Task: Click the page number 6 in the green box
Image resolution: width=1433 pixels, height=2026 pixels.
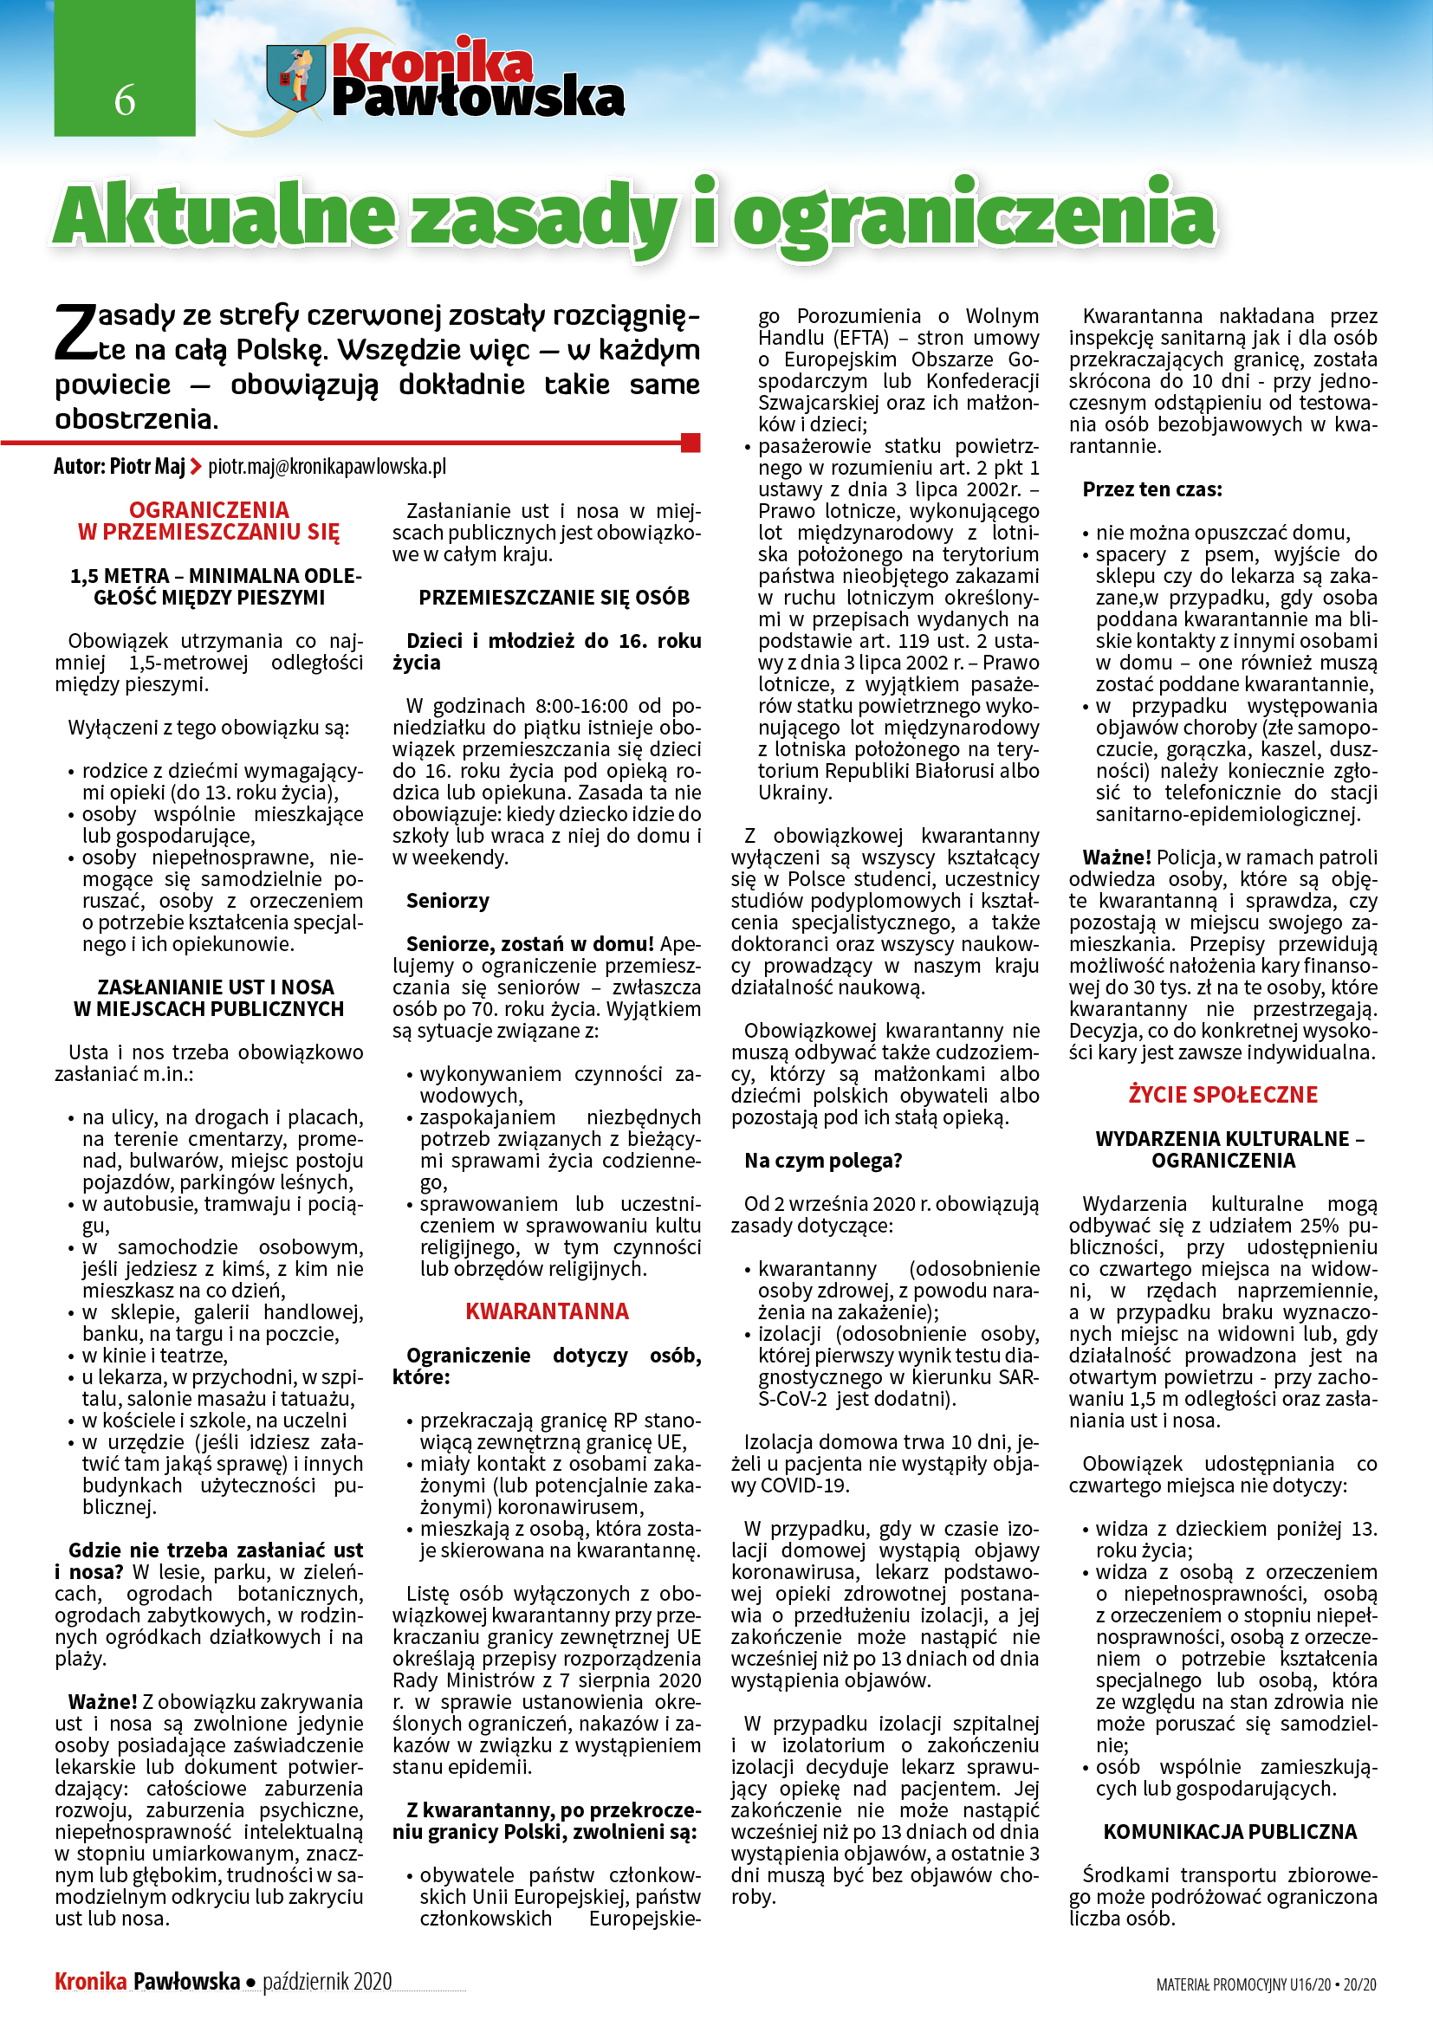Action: [x=125, y=100]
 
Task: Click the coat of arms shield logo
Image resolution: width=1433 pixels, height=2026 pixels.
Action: [x=295, y=78]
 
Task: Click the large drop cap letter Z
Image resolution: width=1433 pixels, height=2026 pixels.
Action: [x=75, y=334]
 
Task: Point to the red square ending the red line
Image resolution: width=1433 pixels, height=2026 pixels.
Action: [x=691, y=442]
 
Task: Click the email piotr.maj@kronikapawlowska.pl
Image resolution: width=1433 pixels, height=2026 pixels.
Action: [x=327, y=466]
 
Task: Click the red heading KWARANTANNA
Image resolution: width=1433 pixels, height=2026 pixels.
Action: [x=547, y=1311]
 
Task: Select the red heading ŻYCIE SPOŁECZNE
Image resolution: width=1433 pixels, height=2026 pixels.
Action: [x=1223, y=1095]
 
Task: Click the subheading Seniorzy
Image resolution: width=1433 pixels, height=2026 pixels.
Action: [x=447, y=901]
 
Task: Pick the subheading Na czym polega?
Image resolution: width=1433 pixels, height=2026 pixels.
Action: [x=823, y=1161]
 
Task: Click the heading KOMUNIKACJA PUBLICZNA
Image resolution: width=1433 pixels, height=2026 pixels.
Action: [x=1230, y=1832]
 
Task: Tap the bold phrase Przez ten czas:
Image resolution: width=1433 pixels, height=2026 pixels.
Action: [x=1152, y=489]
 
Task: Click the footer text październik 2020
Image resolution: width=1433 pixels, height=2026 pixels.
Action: [x=327, y=1981]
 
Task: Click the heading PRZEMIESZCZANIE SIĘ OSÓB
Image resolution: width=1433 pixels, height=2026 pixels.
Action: [x=554, y=598]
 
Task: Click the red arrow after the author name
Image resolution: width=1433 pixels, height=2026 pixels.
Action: [x=196, y=466]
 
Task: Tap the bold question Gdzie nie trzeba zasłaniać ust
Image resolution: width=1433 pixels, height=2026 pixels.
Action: [x=217, y=1550]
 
